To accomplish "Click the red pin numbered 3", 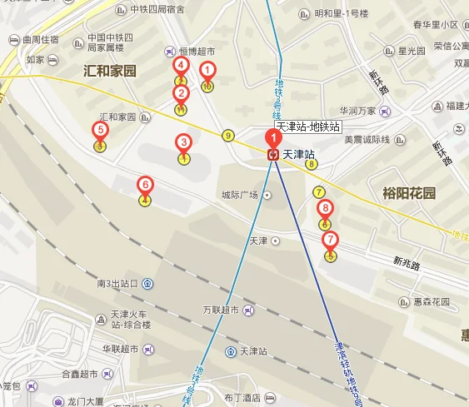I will click(x=183, y=143).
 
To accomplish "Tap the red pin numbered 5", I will click(x=100, y=131).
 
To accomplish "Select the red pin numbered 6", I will click(x=145, y=185).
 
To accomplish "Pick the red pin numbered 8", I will click(x=325, y=209).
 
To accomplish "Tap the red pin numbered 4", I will click(x=180, y=66).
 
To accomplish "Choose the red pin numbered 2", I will click(x=180, y=94).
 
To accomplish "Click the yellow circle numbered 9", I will click(x=227, y=136).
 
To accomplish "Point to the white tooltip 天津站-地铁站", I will click(x=308, y=127).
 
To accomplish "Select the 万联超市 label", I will click(x=220, y=310).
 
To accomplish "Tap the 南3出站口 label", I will click(x=117, y=284).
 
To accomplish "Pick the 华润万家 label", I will click(x=357, y=110).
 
